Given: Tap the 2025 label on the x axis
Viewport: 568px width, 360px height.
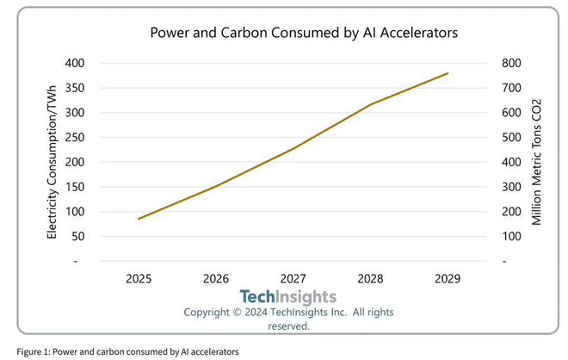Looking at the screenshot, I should (x=139, y=278).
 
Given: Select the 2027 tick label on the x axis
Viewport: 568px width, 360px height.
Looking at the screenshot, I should (x=293, y=278).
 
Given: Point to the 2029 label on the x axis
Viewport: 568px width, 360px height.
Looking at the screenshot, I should (x=447, y=278).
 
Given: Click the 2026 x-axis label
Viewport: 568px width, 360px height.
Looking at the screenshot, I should (x=215, y=278).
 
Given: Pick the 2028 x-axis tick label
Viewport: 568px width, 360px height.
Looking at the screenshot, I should (x=369, y=278).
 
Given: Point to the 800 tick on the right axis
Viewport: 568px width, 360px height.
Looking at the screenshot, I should (x=504, y=63).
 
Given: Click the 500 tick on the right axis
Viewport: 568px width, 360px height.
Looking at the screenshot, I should (x=504, y=137).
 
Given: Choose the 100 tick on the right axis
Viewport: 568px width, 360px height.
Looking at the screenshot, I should (x=504, y=236).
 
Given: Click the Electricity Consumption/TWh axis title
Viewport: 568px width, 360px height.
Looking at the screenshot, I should (x=52, y=161).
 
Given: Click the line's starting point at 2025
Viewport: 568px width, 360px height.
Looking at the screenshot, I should (x=139, y=219).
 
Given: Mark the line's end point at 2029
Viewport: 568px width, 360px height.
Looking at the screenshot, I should (x=448, y=73).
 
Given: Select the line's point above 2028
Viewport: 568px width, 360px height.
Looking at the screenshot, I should (x=370, y=105).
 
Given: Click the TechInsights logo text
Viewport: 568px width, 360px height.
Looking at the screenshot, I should (x=287, y=297).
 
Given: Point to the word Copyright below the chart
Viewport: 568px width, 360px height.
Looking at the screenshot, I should (x=212, y=312).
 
